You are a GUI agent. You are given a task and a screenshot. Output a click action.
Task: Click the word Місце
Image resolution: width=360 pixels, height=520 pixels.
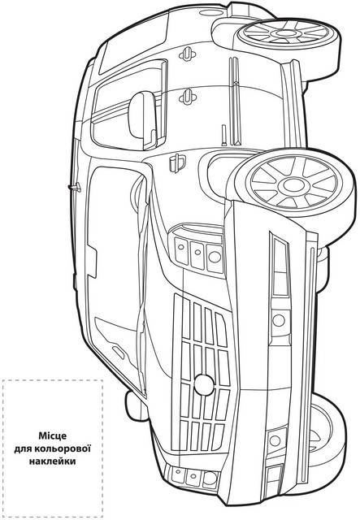(x=53, y=435)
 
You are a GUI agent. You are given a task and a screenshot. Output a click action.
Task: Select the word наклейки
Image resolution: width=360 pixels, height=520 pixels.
(x=53, y=461)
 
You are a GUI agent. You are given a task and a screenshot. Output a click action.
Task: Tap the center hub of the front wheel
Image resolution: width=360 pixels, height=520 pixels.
(x=294, y=185)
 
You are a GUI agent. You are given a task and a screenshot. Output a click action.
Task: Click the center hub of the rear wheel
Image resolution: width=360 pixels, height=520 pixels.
(x=285, y=32)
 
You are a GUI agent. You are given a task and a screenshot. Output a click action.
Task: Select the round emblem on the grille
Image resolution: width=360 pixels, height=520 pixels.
(x=204, y=384)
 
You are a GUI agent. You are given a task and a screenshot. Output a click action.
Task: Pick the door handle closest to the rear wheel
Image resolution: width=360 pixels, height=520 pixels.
(x=188, y=54)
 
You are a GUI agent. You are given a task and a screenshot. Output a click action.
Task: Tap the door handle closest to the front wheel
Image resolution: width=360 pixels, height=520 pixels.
(x=188, y=97)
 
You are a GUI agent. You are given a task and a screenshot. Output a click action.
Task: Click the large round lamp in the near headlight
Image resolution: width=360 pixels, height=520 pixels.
(x=215, y=257)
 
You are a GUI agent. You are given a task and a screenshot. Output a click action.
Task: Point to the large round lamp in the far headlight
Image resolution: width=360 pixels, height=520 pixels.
(x=210, y=477)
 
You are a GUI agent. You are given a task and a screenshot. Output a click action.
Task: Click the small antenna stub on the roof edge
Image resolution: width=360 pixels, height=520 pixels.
(x=75, y=188)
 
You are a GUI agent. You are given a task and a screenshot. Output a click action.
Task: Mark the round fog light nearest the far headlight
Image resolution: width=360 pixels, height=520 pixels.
(x=275, y=440)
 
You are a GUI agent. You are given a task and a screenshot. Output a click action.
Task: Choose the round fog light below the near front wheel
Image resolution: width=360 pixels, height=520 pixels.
(x=279, y=320)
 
